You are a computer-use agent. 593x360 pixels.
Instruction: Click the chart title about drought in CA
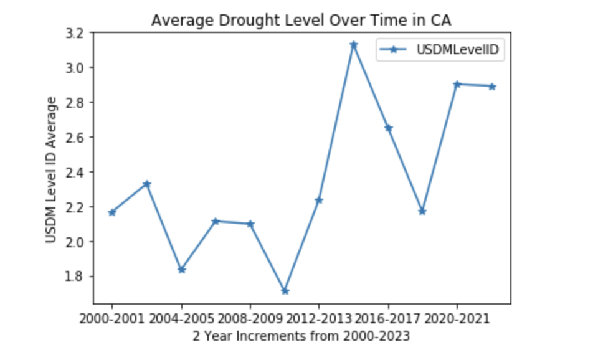click(301, 21)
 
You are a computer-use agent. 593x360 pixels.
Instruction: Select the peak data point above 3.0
click(354, 45)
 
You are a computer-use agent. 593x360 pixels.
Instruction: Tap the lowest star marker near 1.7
click(285, 291)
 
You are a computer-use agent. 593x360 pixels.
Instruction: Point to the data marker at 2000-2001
click(112, 212)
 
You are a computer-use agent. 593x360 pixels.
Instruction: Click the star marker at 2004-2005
click(181, 270)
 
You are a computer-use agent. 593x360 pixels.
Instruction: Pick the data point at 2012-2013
click(319, 200)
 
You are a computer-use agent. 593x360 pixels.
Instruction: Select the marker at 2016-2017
click(388, 128)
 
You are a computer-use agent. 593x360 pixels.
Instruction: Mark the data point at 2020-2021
click(457, 83)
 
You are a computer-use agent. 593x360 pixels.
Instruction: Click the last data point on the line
click(491, 87)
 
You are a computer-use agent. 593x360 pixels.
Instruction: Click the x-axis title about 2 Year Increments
click(301, 336)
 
